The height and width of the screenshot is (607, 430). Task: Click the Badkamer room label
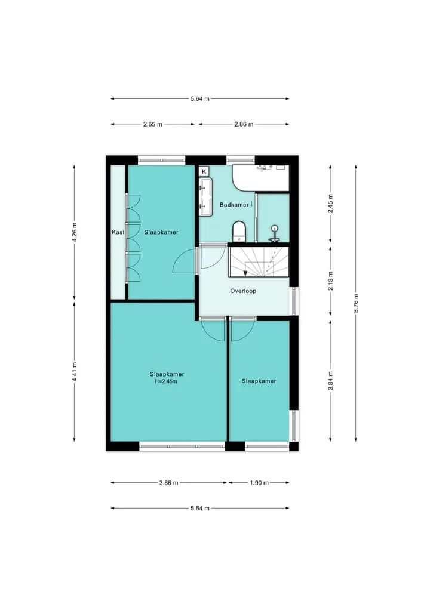pyautogui.click(x=234, y=205)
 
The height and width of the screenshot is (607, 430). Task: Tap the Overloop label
pyautogui.click(x=243, y=291)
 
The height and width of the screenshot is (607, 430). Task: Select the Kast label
pyautogui.click(x=118, y=232)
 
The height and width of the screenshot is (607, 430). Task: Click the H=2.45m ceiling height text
pyautogui.click(x=166, y=382)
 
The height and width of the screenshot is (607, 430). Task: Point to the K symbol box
pyautogui.click(x=204, y=171)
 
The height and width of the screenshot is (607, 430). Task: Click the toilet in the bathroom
pyautogui.click(x=239, y=232)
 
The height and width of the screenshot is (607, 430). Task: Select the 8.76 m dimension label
pyautogui.click(x=356, y=303)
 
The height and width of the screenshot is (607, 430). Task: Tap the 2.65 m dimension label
pyautogui.click(x=153, y=124)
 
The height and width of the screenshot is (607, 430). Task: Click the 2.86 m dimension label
pyautogui.click(x=244, y=124)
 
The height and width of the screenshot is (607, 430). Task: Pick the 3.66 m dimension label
pyautogui.click(x=168, y=483)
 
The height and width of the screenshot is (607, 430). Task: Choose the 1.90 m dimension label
pyautogui.click(x=259, y=483)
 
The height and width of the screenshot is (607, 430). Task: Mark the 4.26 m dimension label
pyautogui.click(x=75, y=232)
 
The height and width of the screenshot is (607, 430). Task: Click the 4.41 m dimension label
pyautogui.click(x=75, y=372)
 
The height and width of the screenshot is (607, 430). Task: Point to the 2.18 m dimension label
pyautogui.click(x=330, y=282)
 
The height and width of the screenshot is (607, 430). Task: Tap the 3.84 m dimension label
pyautogui.click(x=330, y=381)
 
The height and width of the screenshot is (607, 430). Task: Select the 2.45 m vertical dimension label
pyautogui.click(x=330, y=204)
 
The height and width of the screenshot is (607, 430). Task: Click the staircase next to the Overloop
pyautogui.click(x=259, y=261)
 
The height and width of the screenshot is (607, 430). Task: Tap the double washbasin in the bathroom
pyautogui.click(x=205, y=196)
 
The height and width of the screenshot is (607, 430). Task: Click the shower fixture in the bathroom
pyautogui.click(x=275, y=234)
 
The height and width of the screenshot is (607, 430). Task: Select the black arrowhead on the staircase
pyautogui.click(x=245, y=273)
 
